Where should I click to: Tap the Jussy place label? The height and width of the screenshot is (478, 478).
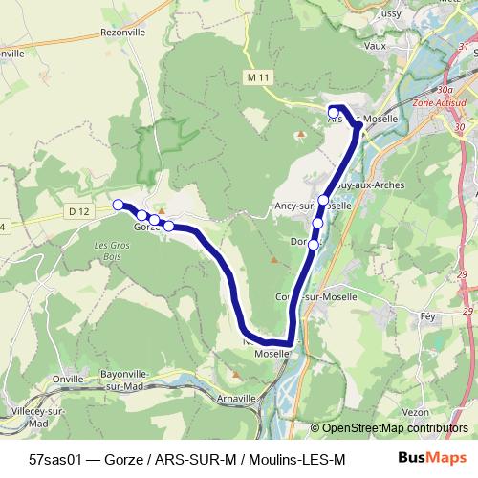pos(362,14)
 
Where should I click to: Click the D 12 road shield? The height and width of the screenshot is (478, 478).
pos(77,209)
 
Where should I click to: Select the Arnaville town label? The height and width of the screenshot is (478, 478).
pos(236,399)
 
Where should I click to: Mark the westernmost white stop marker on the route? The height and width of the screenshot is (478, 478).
pos(119,205)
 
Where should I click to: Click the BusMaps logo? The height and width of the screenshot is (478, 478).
pos(425,459)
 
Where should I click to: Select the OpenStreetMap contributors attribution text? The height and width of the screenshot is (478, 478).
pos(394,429)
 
